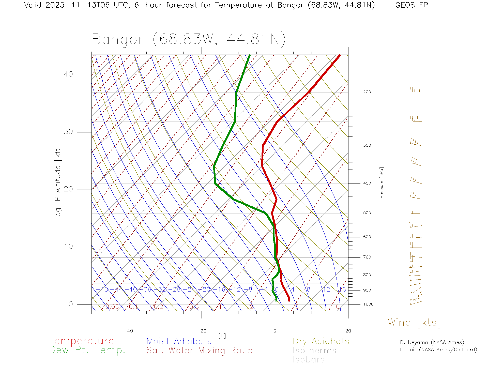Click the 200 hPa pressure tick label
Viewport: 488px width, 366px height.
click(x=367, y=92)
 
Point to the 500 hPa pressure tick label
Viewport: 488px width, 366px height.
click(x=367, y=213)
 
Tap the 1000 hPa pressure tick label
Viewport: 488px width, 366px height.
click(x=368, y=304)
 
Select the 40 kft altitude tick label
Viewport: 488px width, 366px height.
click(x=68, y=74)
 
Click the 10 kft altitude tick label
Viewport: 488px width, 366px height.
click(x=68, y=247)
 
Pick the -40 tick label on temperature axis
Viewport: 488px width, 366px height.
click(x=128, y=331)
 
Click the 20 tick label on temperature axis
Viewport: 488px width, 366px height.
click(x=348, y=331)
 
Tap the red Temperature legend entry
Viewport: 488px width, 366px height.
click(x=81, y=341)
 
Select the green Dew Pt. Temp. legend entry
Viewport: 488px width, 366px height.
click(x=87, y=350)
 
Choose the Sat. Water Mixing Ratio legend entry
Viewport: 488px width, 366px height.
click(x=200, y=350)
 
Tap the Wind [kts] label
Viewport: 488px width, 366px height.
click(x=414, y=323)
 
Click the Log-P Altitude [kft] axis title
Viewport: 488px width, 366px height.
click(x=58, y=183)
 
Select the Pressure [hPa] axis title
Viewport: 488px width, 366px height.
click(x=382, y=183)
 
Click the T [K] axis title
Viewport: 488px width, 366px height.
click(x=220, y=336)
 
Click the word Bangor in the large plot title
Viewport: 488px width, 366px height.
click(x=118, y=40)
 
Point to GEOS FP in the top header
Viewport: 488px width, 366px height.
click(x=411, y=5)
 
